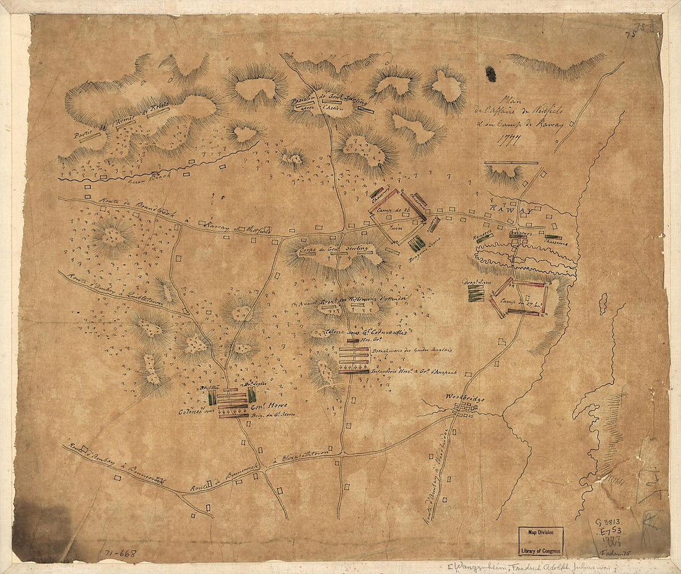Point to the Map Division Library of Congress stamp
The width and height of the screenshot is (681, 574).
coord(540,541)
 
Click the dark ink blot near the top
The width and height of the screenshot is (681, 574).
coord(491,74)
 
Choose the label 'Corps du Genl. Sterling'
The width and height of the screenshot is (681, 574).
coord(333,250)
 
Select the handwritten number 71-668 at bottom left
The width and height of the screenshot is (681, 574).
coord(118,552)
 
